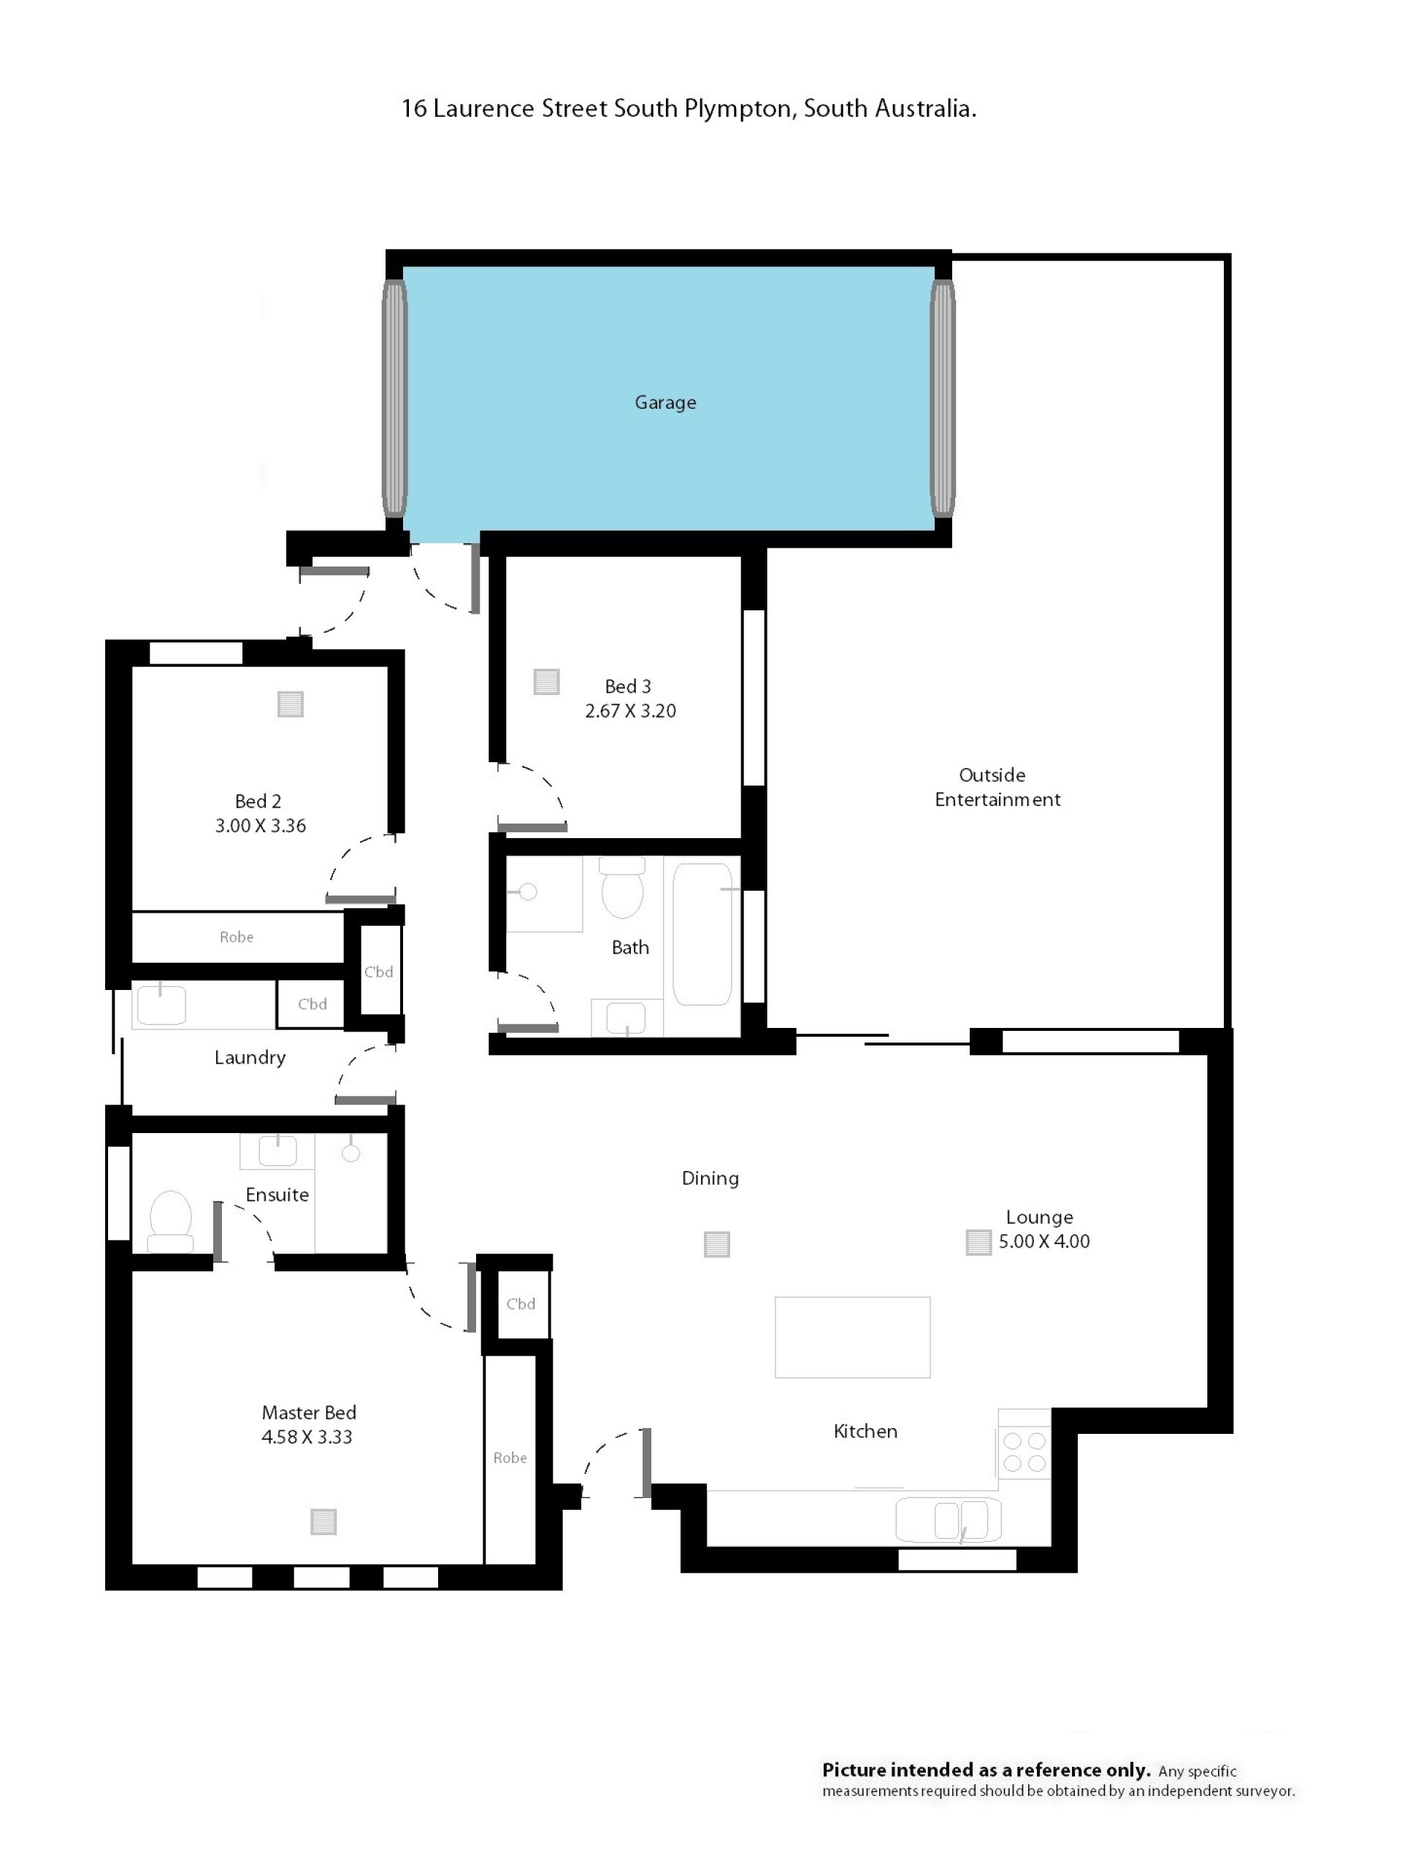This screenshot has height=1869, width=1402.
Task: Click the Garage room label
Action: point(665,402)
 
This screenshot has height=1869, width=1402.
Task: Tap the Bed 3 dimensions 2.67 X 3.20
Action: point(630,710)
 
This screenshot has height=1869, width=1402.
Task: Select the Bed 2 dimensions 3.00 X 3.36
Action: point(260,826)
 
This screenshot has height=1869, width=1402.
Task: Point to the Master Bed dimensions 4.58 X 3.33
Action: point(307,1436)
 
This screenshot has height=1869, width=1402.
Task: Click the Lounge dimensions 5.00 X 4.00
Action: point(1043,1241)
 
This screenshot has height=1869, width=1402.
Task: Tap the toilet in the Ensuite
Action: point(171,1221)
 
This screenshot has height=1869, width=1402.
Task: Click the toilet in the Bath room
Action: point(622,887)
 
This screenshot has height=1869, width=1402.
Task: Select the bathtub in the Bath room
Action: point(702,934)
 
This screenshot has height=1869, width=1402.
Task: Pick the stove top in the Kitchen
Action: point(1024,1451)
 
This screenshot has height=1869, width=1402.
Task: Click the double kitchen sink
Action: point(949,1520)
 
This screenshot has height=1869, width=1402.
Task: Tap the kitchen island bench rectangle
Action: point(853,1338)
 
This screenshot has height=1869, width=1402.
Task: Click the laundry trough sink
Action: point(161,1005)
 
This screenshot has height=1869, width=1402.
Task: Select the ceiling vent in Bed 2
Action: point(291,704)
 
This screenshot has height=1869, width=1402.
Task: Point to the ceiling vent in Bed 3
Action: point(547,681)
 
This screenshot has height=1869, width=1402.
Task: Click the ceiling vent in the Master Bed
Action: point(323,1521)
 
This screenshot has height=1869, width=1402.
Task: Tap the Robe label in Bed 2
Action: point(237,937)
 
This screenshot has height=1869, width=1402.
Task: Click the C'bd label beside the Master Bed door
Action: point(521,1304)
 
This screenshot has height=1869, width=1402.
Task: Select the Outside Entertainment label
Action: point(997,786)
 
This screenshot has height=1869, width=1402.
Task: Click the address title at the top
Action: point(689,108)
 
